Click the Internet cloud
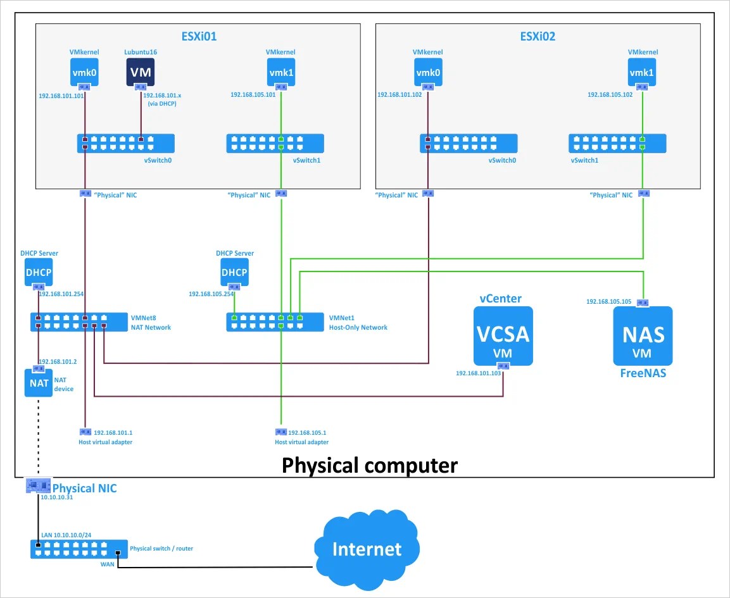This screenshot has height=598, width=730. point(367,548)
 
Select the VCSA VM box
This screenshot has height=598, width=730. point(503,335)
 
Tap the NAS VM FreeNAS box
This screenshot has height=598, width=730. point(643,336)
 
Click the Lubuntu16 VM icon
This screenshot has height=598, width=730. point(141,72)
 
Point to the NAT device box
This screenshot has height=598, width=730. point(39,383)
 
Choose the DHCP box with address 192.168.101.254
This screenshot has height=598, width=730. point(39,272)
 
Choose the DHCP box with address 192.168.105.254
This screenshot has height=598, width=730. point(234,272)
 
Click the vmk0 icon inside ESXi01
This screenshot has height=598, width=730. point(84,72)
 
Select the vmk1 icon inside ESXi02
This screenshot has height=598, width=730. point(643,72)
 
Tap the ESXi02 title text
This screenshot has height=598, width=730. point(538,36)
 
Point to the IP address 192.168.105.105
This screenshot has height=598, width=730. point(609,302)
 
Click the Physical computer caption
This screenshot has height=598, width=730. point(369,465)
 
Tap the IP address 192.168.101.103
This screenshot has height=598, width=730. point(478,373)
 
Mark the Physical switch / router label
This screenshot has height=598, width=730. point(161,549)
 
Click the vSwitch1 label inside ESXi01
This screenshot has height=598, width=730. point(307,161)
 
